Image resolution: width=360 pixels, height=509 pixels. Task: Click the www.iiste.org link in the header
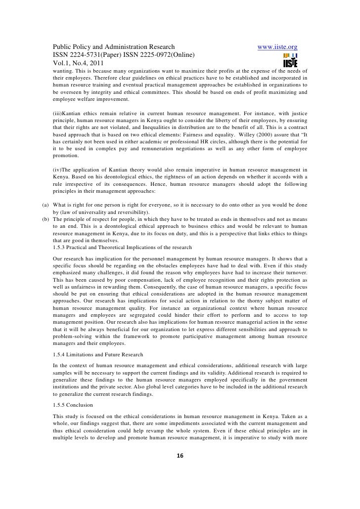tap(277, 47)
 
